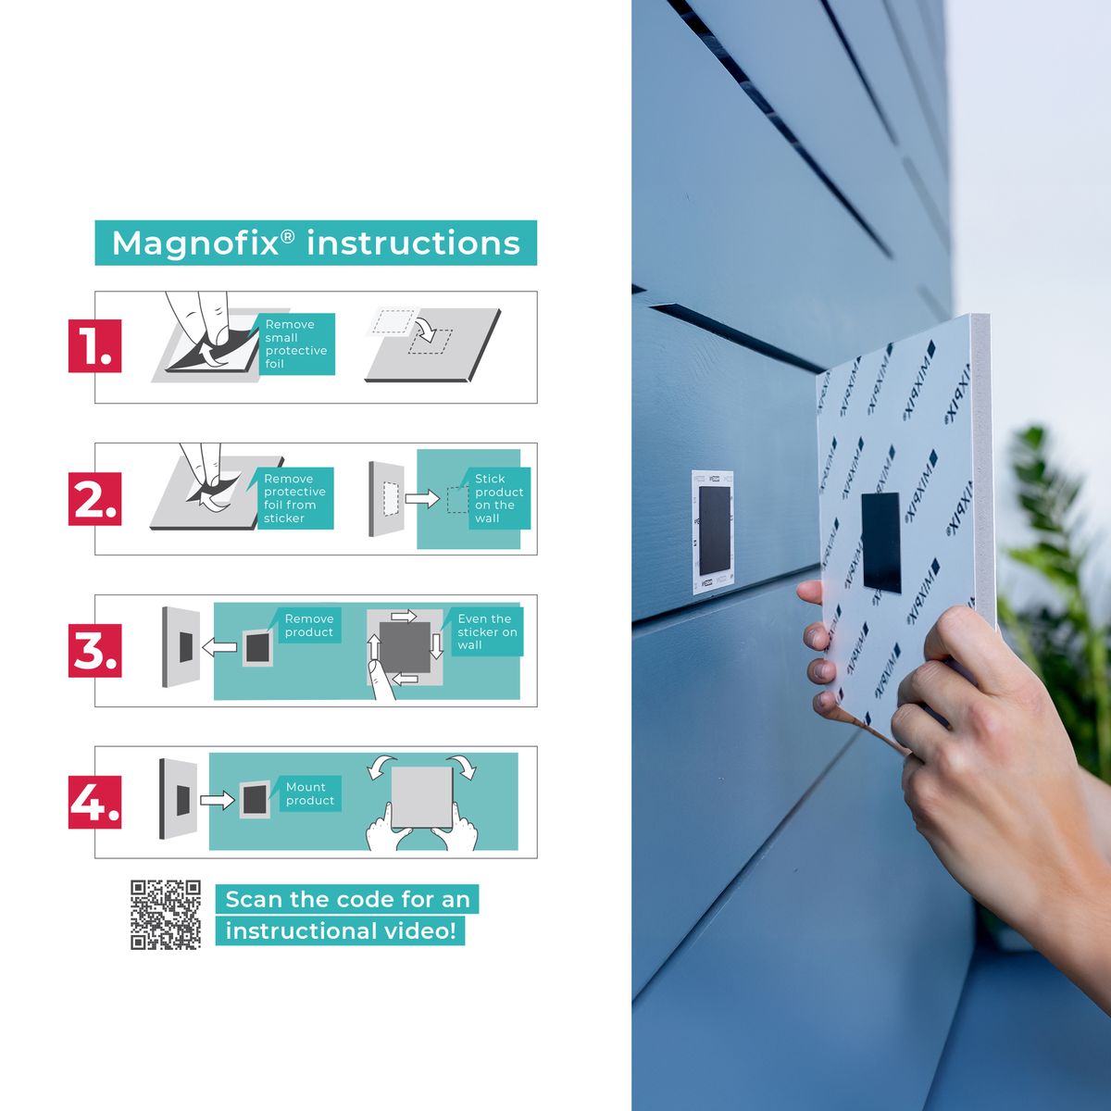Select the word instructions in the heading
(413, 243)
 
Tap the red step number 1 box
(95, 346)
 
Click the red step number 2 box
(95, 499)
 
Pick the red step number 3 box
(95, 650)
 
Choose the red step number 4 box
(95, 802)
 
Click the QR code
(166, 915)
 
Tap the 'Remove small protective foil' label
(295, 343)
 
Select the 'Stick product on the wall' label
(497, 498)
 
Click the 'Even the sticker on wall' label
(487, 631)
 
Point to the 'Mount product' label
(310, 793)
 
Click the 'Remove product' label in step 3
(308, 626)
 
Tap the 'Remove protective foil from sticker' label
(294, 498)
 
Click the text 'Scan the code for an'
(347, 899)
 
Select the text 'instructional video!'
(340, 930)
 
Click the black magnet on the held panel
(881, 543)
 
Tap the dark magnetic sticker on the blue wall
(715, 531)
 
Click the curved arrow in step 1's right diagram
(428, 329)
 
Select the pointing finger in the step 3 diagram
(381, 680)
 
